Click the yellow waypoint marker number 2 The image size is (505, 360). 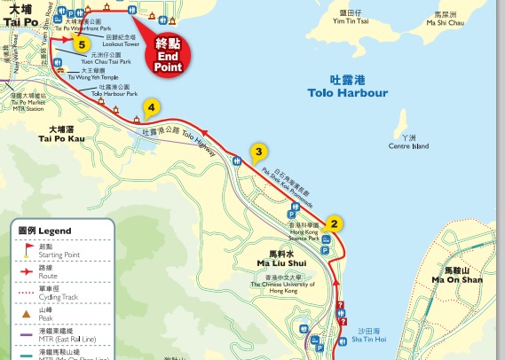[334, 224]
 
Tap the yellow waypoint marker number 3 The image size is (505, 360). [258, 152]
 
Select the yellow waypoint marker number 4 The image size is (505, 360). [152, 108]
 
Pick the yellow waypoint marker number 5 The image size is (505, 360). [82, 43]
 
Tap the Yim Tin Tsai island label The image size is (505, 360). [356, 19]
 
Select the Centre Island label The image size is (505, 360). [408, 142]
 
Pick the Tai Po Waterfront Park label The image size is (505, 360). [84, 24]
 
